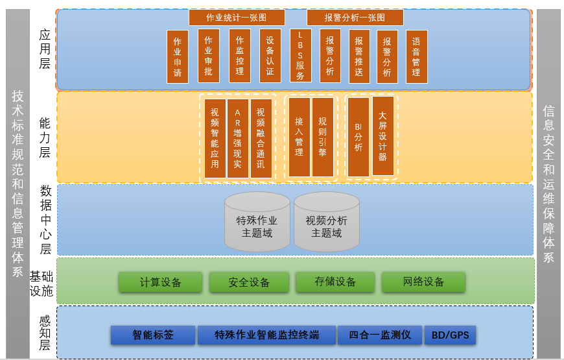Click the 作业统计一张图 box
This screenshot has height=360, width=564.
point(237,18)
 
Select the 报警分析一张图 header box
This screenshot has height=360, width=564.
point(355,18)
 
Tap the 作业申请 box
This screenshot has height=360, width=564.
point(178,57)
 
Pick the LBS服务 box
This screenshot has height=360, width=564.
point(300,56)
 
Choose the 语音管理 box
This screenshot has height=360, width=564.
point(416,56)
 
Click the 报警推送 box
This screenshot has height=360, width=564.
point(359,56)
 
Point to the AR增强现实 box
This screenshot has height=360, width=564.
point(238,138)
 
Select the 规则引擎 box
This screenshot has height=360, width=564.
point(322,137)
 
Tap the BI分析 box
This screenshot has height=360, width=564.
point(358,137)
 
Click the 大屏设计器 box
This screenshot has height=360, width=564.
point(382,136)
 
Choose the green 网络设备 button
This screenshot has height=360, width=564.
point(423,282)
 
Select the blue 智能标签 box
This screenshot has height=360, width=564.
point(153,335)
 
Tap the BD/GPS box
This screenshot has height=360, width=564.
point(450,335)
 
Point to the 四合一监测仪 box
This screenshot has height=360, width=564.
point(380,335)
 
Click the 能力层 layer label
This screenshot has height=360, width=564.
point(45,138)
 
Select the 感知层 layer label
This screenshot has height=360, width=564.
point(45,333)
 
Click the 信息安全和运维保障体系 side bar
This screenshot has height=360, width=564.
point(548,184)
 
